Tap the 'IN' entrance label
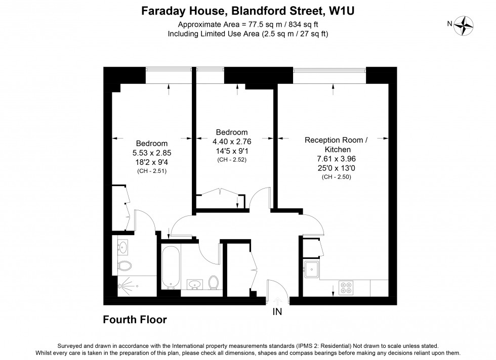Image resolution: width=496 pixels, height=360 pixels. click(x=277, y=312)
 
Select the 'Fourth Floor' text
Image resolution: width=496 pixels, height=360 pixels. click(x=135, y=320)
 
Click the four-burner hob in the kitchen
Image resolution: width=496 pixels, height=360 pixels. click(x=347, y=288)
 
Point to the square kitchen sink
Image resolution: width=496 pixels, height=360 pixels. click(x=312, y=269)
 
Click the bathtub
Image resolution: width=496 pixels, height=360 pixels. click(x=171, y=267)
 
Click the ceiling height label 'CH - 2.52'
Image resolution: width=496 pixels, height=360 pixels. click(x=231, y=160)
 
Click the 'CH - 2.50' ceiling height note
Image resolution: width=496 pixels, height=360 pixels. click(x=336, y=176)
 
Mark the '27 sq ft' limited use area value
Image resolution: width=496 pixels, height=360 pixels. click(x=313, y=33)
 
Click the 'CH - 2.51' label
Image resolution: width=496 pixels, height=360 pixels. click(x=152, y=171)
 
